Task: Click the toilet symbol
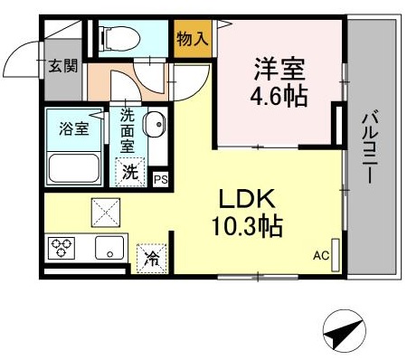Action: coord(121,39)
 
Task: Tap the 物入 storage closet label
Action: coord(193,39)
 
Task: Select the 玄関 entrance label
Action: coord(63,65)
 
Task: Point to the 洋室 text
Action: coord(279,69)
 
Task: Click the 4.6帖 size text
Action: coord(279,97)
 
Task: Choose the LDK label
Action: coord(247,199)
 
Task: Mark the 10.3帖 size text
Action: coord(247,226)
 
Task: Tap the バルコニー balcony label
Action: coord(371,147)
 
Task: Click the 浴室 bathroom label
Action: coord(74,128)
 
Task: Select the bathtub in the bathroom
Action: coord(74,168)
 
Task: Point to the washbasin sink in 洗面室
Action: coord(155,124)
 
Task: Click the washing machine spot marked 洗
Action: coord(130,173)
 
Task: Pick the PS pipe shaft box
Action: coord(161,180)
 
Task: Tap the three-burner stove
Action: coord(62,248)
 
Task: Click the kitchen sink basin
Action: coord(109,248)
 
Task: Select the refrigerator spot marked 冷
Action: coord(152,259)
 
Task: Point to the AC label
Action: coord(321,256)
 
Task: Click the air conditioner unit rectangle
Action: coord(336,255)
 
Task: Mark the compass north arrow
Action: coord(345,331)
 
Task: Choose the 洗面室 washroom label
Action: coord(128,130)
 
